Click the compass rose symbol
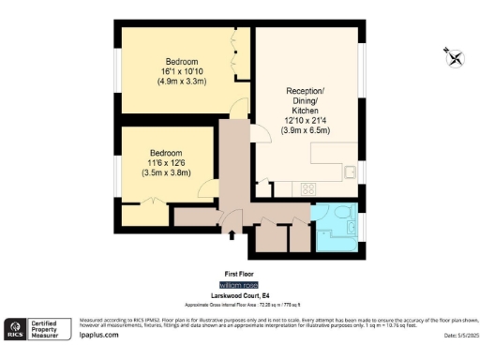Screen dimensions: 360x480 tap(455, 58)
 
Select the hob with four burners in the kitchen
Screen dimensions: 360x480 tap(307, 188)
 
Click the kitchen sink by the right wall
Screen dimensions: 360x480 tap(350, 172)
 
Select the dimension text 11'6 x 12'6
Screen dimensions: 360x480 tap(165, 163)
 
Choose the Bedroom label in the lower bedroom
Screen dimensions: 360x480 tap(165, 153)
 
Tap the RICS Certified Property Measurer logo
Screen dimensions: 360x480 tap(37, 328)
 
